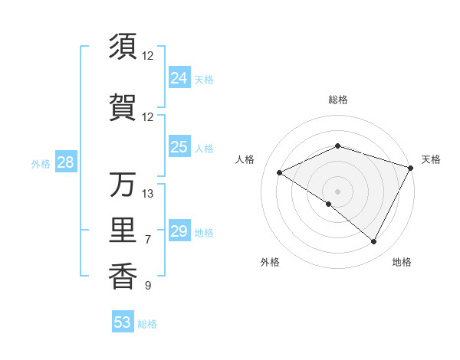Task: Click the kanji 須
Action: pyautogui.click(x=123, y=47)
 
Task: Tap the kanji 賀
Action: pyautogui.click(x=123, y=108)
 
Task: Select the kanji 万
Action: pyautogui.click(x=123, y=185)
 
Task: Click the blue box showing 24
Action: pyautogui.click(x=179, y=78)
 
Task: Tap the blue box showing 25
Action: pyautogui.click(x=179, y=147)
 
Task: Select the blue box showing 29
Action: pyautogui.click(x=179, y=231)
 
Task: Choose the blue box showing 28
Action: pyautogui.click(x=65, y=162)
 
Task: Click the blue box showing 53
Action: pyautogui.click(x=123, y=322)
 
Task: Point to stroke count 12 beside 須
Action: pyautogui.click(x=148, y=56)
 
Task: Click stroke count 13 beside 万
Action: pyautogui.click(x=148, y=193)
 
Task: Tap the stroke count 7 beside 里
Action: pyautogui.click(x=148, y=240)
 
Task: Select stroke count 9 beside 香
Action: pyautogui.click(x=148, y=286)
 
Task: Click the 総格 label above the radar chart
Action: pyautogui.click(x=337, y=100)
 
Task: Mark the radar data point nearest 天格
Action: pyautogui.click(x=412, y=168)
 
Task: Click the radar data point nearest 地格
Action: pyautogui.click(x=374, y=242)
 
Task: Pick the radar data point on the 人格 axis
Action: pyautogui.click(x=280, y=172)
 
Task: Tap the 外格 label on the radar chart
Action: pyautogui.click(x=270, y=262)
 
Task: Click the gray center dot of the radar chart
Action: pyautogui.click(x=337, y=191)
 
